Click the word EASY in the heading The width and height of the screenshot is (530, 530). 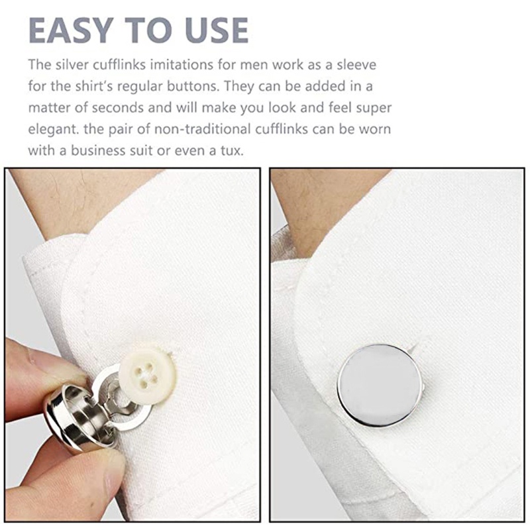point(71,30)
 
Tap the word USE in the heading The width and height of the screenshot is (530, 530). point(217,30)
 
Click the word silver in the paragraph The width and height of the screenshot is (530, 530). point(72,64)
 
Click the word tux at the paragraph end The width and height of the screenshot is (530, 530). point(232,151)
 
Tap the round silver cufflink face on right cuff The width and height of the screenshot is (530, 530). point(380,386)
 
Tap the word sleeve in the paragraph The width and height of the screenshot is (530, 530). point(356,64)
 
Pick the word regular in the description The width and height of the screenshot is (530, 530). point(140,87)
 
